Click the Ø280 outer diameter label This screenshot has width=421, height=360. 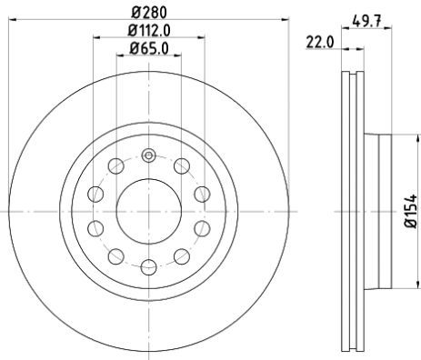[x=147, y=13]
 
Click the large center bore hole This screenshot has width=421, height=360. [x=147, y=210]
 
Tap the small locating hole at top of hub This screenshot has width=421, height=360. [x=147, y=156]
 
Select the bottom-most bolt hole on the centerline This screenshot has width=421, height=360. [x=147, y=266]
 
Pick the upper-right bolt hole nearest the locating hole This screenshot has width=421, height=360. [x=181, y=165]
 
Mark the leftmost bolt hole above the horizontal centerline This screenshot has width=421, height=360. [x=95, y=193]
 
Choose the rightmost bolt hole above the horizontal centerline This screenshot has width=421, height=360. [x=201, y=193]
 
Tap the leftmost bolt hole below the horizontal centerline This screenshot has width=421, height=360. [x=95, y=227]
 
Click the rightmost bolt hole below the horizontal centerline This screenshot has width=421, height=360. [x=201, y=227]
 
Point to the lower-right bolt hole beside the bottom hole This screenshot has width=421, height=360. [x=181, y=255]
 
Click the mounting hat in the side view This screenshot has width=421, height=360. [x=380, y=210]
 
